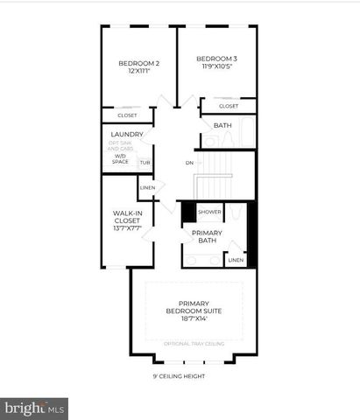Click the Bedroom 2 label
tap(138, 63)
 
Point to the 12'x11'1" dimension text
tap(138, 72)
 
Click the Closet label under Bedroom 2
tap(127, 115)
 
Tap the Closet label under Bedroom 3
tap(228, 106)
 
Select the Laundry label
tap(127, 134)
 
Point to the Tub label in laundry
tap(145, 163)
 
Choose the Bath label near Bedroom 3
tap(222, 125)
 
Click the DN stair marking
tap(189, 163)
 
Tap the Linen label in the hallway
tap(147, 187)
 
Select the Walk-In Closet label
tap(127, 220)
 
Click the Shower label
tap(208, 212)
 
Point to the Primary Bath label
tap(207, 236)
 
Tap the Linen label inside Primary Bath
tap(235, 260)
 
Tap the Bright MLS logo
tap(35, 408)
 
